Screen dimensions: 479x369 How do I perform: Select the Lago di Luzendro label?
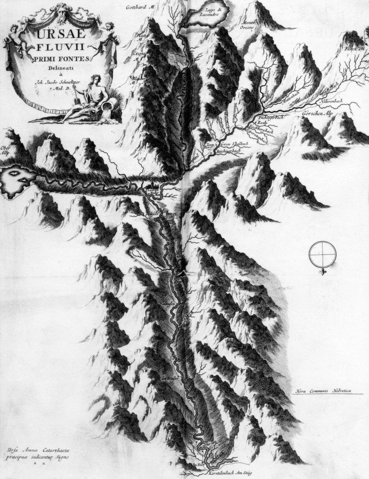click(209, 13)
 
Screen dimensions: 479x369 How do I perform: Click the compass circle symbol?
click(323, 254)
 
